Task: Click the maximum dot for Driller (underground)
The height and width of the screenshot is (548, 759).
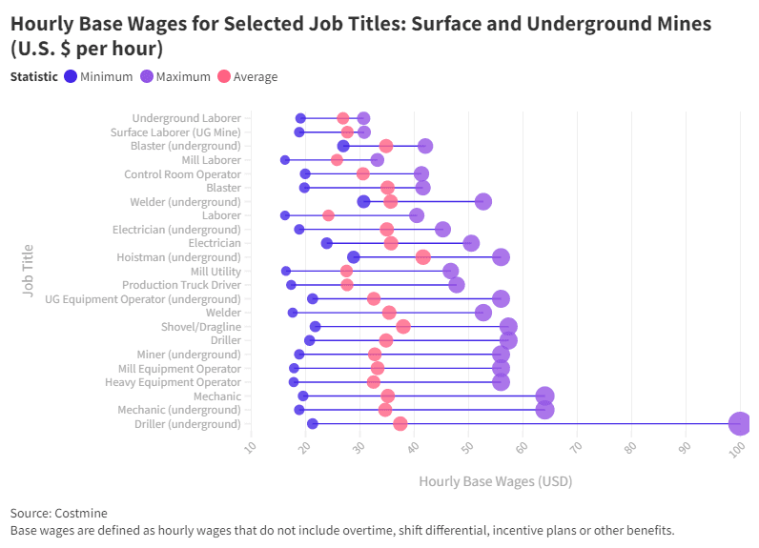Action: pos(739,424)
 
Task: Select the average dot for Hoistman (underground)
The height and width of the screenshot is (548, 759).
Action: pos(422,257)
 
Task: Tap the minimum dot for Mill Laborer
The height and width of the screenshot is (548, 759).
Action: pos(285,160)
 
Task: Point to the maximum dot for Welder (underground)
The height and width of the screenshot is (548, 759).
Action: pos(483,201)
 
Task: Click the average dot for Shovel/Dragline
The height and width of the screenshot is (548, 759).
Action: pos(403,327)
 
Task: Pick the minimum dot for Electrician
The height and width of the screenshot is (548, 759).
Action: pos(327,243)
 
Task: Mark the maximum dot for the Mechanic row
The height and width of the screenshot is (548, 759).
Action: pos(544,396)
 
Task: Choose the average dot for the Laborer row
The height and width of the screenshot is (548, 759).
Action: pos(328,215)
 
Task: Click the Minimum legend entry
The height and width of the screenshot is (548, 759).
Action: pos(98,77)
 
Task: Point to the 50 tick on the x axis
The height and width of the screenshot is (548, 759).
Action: pos(468,451)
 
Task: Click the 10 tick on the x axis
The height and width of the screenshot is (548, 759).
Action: pos(252,449)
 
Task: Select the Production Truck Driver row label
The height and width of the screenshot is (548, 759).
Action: pos(181,285)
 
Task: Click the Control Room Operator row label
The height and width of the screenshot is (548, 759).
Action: pos(182,174)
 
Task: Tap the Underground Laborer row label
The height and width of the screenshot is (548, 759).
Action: pos(186,118)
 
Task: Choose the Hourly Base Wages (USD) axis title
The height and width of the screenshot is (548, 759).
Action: pos(495,481)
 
